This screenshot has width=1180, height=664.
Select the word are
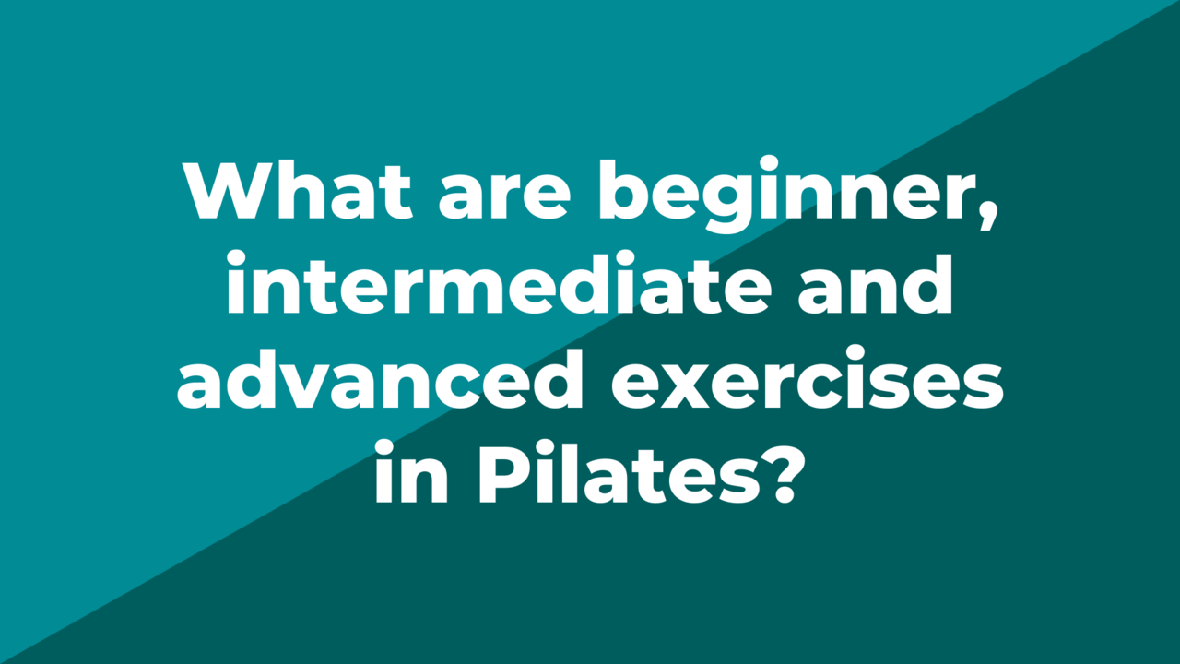click(x=504, y=197)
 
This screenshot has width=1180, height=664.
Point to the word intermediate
click(x=499, y=283)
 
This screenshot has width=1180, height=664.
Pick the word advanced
click(x=380, y=378)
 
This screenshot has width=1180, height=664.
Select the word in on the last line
click(x=411, y=471)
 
